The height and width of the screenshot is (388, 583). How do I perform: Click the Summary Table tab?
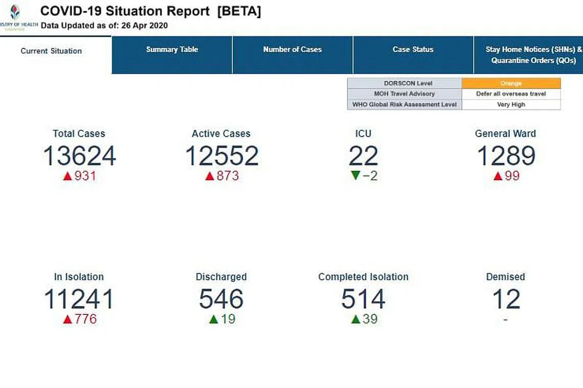pos(172,50)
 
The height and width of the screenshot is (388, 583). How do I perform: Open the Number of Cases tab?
pos(292,50)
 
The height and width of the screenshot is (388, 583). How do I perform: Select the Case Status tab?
pos(413,50)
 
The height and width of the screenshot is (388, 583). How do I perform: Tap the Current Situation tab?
pos(51,51)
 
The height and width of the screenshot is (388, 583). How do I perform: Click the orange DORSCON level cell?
pos(511,83)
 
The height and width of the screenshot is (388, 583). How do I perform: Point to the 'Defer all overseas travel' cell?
pos(511,94)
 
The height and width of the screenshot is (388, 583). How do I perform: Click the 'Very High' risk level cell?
pos(511,105)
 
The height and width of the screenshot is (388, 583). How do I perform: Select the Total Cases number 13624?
pos(79,156)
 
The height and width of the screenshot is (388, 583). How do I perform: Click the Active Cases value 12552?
pos(221,156)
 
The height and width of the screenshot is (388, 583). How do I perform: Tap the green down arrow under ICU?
pos(356,176)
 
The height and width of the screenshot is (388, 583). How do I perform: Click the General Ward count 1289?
pos(506,156)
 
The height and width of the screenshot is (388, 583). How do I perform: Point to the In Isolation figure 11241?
pos(79,299)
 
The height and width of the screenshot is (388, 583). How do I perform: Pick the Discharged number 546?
pos(221,299)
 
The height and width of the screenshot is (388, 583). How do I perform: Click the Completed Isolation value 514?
pos(363,299)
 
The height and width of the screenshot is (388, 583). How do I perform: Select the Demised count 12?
pos(506,299)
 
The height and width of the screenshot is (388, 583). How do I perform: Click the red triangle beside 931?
pos(67,177)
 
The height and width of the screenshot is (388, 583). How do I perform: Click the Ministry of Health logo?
pos(15,12)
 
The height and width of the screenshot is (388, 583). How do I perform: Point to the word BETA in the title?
pos(239,12)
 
